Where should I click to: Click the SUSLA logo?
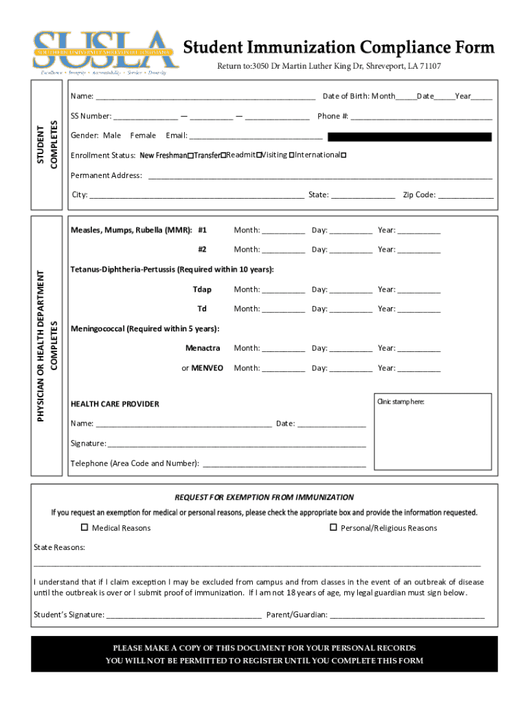point(106,52)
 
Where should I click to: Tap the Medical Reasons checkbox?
point(85,528)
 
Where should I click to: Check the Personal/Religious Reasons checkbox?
point(333,528)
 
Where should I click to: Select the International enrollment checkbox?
point(344,155)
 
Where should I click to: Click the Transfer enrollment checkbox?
point(223,155)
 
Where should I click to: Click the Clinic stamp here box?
point(432,431)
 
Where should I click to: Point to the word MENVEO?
point(207,368)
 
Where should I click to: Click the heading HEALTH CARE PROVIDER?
point(115,404)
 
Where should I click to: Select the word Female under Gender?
point(143,136)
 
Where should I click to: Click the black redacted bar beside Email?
point(409,137)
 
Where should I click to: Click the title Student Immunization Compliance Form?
point(338,47)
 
